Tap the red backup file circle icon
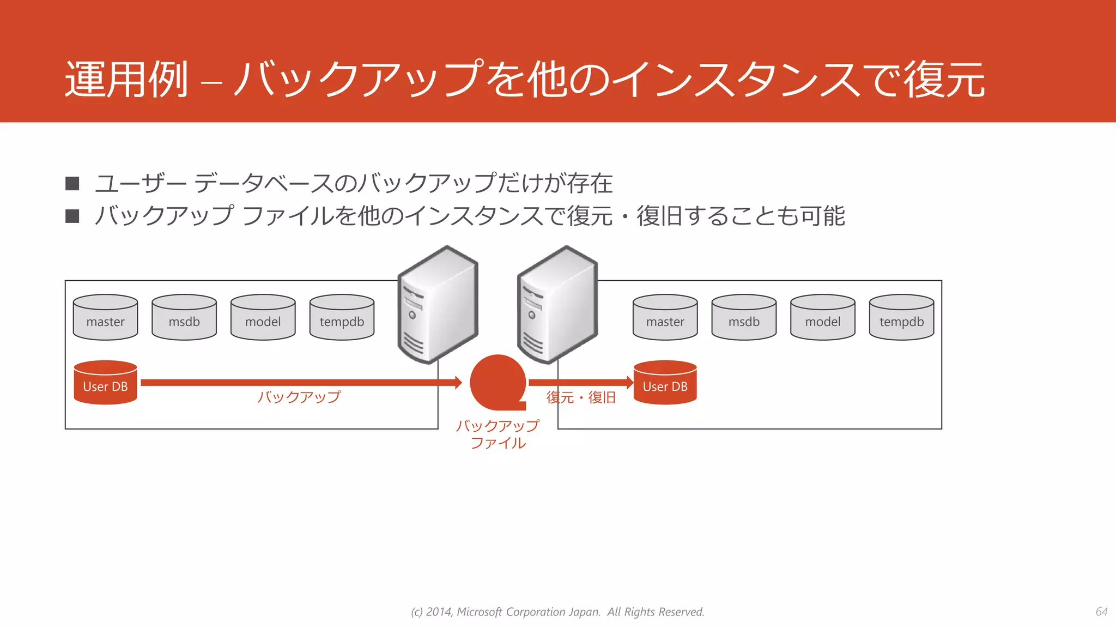pos(498,382)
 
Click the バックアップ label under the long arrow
pos(299,397)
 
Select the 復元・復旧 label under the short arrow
pos(581,397)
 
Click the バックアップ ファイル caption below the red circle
pos(498,434)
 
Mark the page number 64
pos(1101,612)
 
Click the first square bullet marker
pos(72,183)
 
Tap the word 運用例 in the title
pos(126,80)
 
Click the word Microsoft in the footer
pos(479,612)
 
